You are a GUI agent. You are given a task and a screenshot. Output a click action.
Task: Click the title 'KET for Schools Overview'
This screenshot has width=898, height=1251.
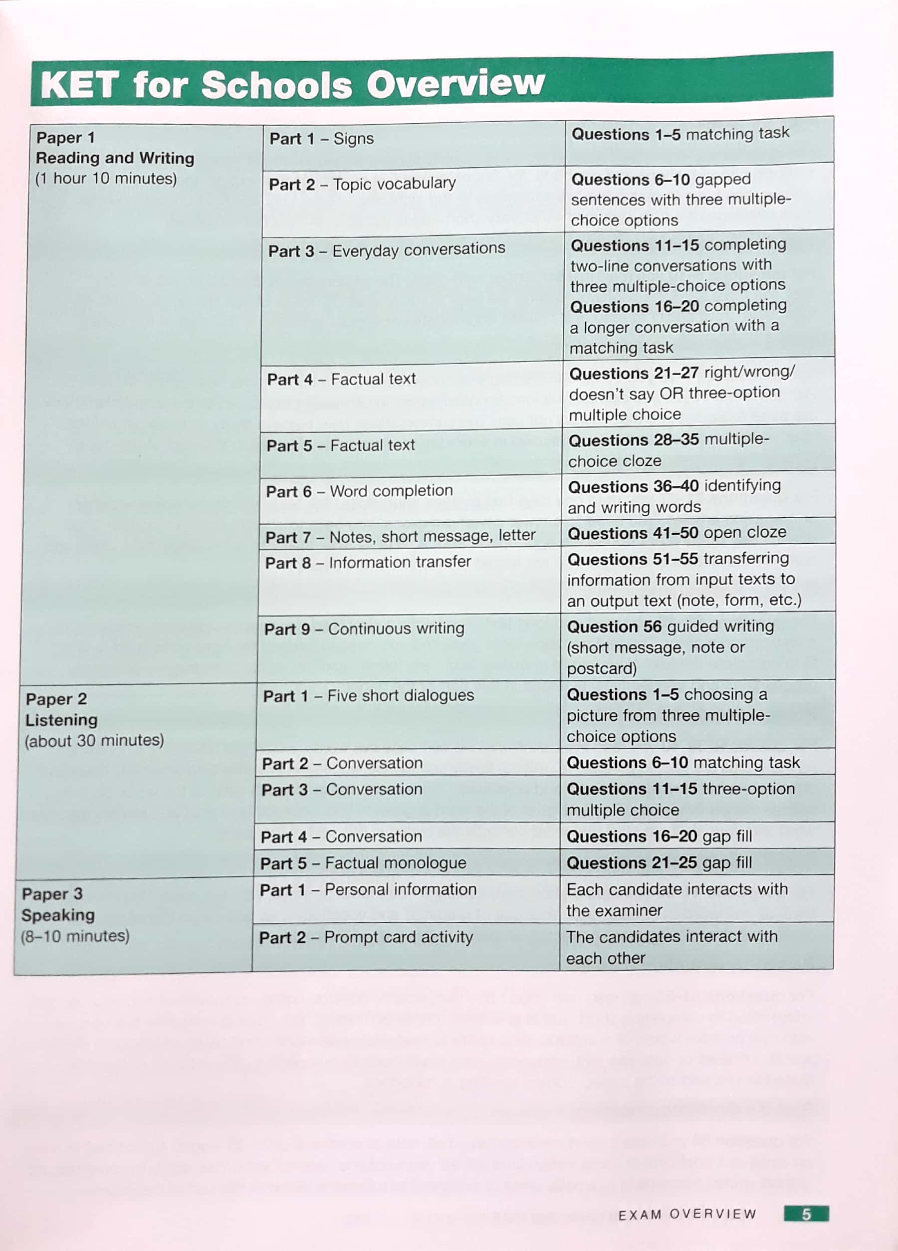292,84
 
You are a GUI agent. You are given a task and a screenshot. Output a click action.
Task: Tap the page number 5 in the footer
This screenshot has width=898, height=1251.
806,1214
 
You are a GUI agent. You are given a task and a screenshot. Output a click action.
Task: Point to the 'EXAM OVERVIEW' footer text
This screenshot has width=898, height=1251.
687,1215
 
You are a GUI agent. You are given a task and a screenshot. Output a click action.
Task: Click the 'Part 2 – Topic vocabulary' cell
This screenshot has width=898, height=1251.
362,184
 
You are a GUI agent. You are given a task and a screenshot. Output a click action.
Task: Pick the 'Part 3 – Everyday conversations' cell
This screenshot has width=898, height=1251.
386,250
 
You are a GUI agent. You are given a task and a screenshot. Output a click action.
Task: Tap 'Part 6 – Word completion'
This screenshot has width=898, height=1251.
359,491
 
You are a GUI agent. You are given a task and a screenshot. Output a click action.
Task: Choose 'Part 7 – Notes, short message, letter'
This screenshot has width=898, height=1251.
400,536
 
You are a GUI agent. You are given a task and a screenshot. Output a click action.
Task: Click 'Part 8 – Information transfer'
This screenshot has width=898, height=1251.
367,562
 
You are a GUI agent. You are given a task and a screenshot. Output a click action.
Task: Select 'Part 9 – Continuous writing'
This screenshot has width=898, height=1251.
364,629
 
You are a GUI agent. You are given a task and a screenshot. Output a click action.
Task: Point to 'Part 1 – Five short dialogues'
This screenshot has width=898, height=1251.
368,695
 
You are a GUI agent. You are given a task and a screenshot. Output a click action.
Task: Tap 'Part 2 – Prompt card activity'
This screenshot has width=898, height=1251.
366,937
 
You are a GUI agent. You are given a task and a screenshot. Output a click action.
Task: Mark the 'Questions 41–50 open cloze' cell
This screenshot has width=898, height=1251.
676,533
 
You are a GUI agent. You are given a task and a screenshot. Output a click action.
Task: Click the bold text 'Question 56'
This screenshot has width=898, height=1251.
613,626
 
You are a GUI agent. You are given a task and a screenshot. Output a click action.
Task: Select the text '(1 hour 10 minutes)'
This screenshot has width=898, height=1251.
106,179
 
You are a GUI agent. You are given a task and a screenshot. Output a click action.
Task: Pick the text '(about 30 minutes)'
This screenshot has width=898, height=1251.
94,740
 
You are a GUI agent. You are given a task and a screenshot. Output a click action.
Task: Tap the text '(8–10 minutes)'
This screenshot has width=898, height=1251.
75,936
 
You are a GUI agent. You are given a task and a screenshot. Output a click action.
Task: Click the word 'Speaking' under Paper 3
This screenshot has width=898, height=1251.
58,915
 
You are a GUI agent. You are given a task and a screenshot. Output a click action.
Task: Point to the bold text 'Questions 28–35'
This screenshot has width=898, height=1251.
633,440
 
